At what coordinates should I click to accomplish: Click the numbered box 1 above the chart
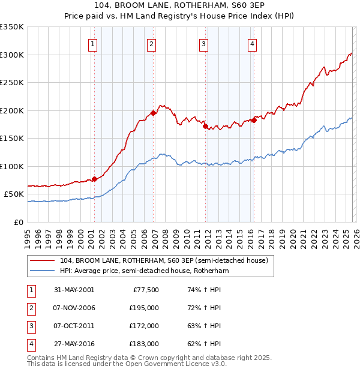point(94,44)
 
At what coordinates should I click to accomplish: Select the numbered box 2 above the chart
point(152,44)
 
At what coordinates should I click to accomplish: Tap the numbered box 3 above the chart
point(204,44)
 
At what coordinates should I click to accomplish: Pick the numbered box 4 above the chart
point(253,44)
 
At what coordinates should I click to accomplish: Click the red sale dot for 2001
point(95,179)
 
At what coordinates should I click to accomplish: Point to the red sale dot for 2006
point(154,113)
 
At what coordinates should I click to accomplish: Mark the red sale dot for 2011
point(205,126)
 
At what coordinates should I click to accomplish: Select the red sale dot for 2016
point(254,120)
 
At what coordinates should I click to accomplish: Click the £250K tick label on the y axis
point(12,83)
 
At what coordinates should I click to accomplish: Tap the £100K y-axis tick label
point(12,166)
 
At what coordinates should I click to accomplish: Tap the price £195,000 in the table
point(144,308)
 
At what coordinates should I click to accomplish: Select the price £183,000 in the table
point(144,344)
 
